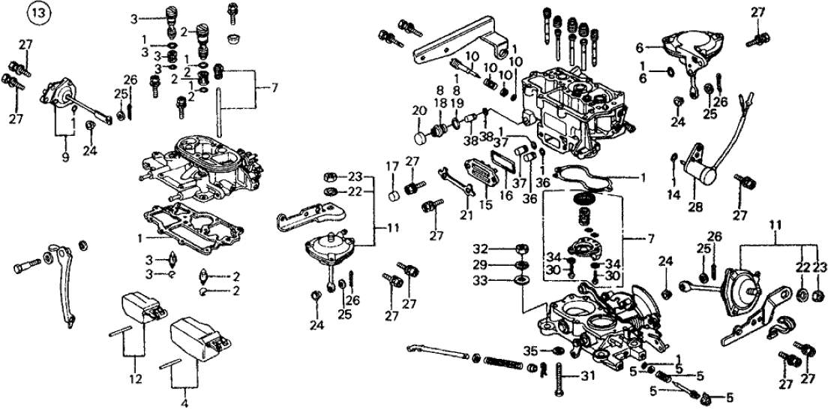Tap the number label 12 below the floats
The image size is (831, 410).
pyautogui.click(x=135, y=380)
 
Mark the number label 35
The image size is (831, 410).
pyautogui.click(x=530, y=350)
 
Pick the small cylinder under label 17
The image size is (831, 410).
pyautogui.click(x=392, y=198)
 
